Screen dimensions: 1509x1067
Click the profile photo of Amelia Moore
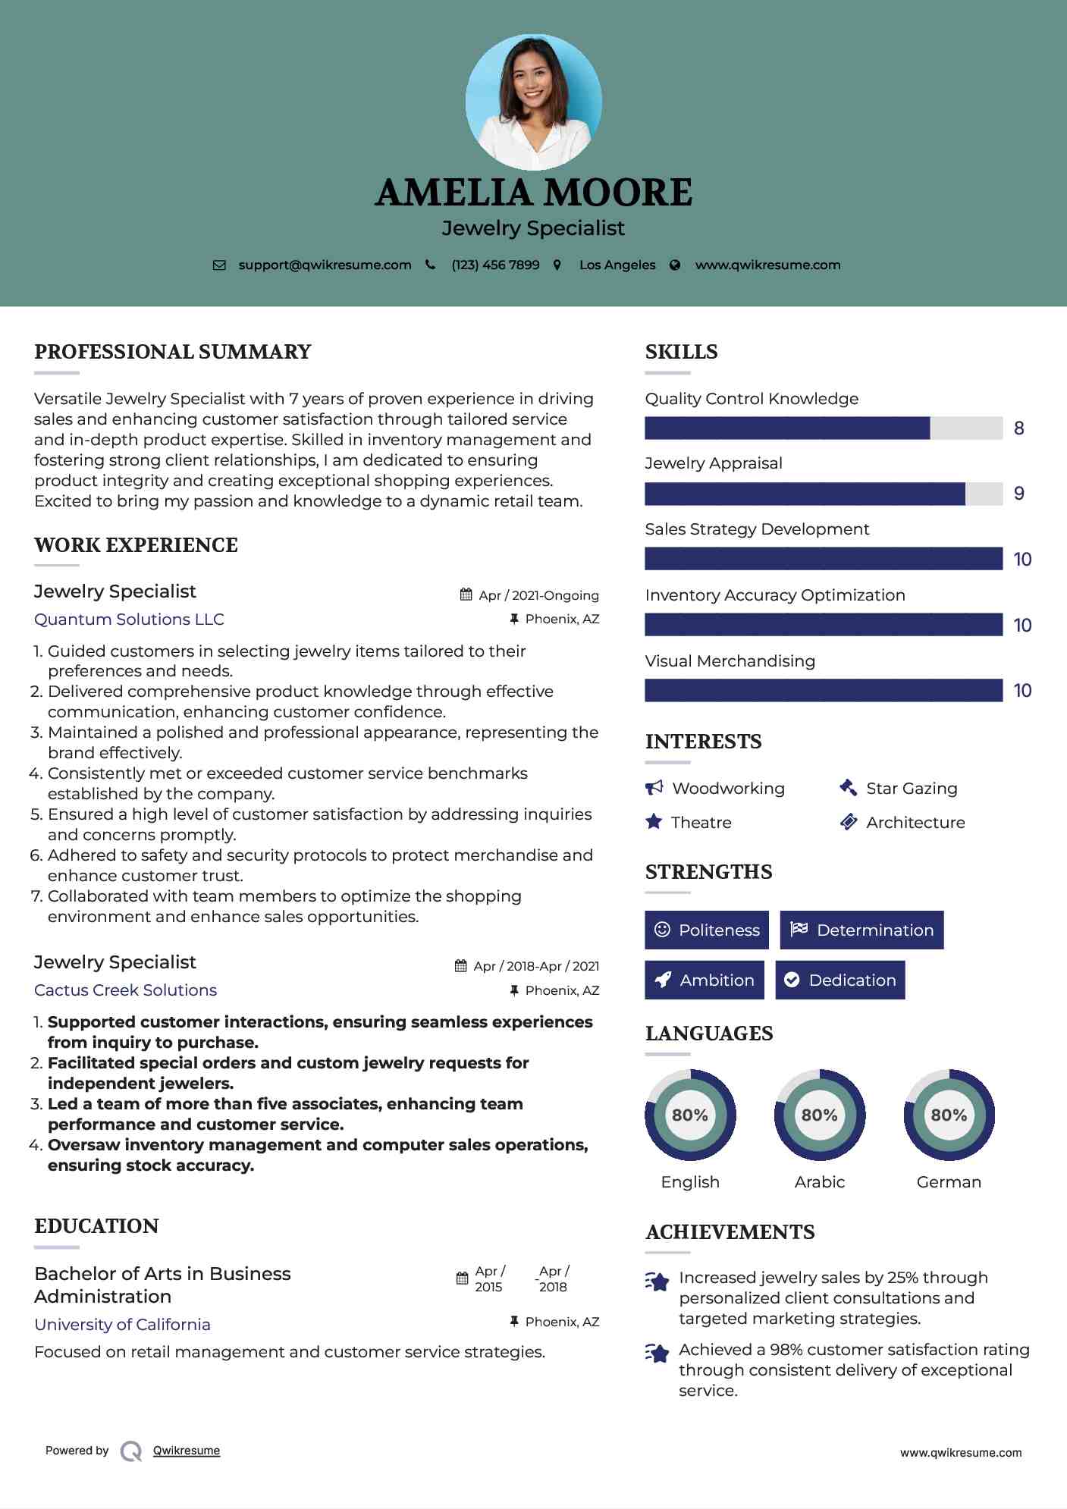pos(533,102)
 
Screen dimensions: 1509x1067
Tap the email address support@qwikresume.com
pos(325,265)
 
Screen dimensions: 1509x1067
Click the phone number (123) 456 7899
pos(495,265)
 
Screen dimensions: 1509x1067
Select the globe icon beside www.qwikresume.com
pos(675,265)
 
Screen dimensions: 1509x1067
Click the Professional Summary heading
pos(173,352)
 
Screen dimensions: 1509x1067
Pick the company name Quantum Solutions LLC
pos(129,619)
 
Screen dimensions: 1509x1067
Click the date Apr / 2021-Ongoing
pos(538,595)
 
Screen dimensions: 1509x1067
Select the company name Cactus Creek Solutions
pos(125,990)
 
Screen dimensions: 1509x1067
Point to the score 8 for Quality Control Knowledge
pos(1018,428)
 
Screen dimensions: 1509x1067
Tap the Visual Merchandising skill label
pos(730,660)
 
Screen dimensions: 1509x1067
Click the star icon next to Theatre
pos(654,822)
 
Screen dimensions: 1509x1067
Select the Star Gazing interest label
pos(912,788)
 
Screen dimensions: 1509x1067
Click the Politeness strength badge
pos(706,930)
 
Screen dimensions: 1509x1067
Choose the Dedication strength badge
pos(839,980)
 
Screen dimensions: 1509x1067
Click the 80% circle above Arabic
pos(819,1115)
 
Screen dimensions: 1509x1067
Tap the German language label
pos(949,1181)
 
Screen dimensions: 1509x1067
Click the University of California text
pos(122,1324)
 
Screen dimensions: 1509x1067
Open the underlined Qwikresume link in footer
pos(187,1450)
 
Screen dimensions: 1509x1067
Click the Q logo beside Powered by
pos(131,1451)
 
